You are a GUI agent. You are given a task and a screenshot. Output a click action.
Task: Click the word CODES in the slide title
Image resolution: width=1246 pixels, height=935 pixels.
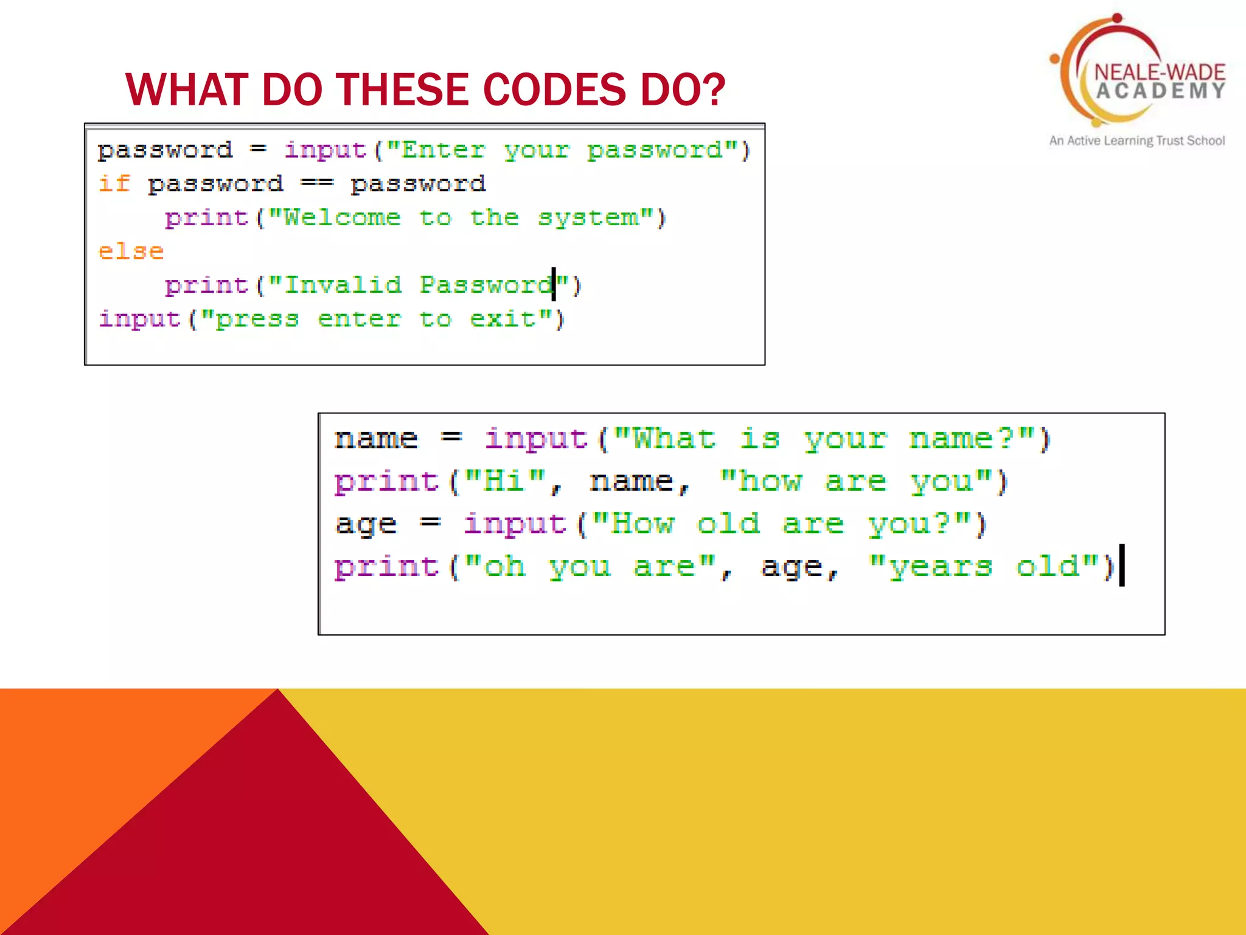[x=554, y=89]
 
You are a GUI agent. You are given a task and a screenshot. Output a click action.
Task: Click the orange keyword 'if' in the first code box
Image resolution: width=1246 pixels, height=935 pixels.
[x=114, y=183]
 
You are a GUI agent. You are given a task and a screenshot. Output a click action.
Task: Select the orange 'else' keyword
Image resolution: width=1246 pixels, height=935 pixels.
[x=131, y=251]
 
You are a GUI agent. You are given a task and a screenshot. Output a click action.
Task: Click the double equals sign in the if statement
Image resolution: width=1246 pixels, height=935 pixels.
[x=317, y=183]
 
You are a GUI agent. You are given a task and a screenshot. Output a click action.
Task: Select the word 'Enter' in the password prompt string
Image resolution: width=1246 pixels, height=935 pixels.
[x=444, y=150]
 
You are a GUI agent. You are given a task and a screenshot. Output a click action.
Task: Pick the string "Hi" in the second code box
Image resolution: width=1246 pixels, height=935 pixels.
[x=505, y=482]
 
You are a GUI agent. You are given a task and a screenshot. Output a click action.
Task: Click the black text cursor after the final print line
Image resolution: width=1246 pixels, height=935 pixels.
[x=1122, y=566]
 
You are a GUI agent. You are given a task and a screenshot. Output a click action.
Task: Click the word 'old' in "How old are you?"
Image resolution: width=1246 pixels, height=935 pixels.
[x=728, y=524]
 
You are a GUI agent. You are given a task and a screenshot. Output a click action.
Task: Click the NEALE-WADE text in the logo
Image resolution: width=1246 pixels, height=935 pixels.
[x=1160, y=72]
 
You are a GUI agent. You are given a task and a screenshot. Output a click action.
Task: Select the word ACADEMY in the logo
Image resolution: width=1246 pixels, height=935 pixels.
[x=1161, y=91]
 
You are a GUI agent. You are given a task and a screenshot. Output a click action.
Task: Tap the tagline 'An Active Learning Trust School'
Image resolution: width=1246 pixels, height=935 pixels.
[x=1136, y=141]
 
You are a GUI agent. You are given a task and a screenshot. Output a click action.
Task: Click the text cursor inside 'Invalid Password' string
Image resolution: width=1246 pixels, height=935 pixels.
[x=554, y=284]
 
